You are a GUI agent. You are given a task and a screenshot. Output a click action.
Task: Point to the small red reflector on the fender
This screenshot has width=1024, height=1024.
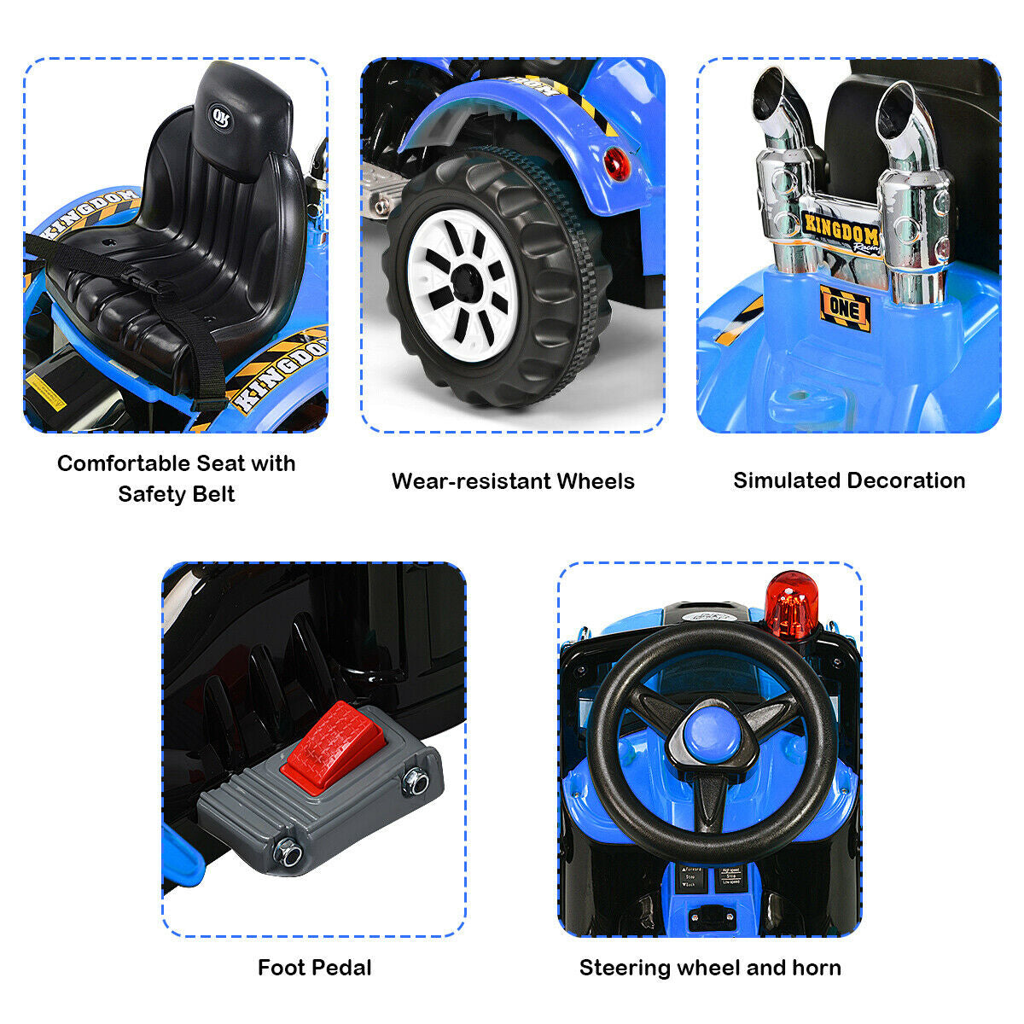(x=616, y=162)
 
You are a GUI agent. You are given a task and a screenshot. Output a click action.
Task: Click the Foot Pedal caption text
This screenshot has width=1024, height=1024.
(x=315, y=968)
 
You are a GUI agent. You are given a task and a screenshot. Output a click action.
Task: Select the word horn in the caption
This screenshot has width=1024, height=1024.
(x=817, y=968)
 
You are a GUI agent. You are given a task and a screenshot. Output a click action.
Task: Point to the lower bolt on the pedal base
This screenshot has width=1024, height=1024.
(x=288, y=852)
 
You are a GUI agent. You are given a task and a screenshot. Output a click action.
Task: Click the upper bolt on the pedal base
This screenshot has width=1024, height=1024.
(x=416, y=781)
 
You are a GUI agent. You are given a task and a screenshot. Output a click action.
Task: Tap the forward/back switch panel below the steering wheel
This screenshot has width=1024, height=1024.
(x=689, y=878)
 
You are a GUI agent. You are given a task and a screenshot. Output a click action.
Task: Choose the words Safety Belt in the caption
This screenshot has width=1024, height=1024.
(x=177, y=494)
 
